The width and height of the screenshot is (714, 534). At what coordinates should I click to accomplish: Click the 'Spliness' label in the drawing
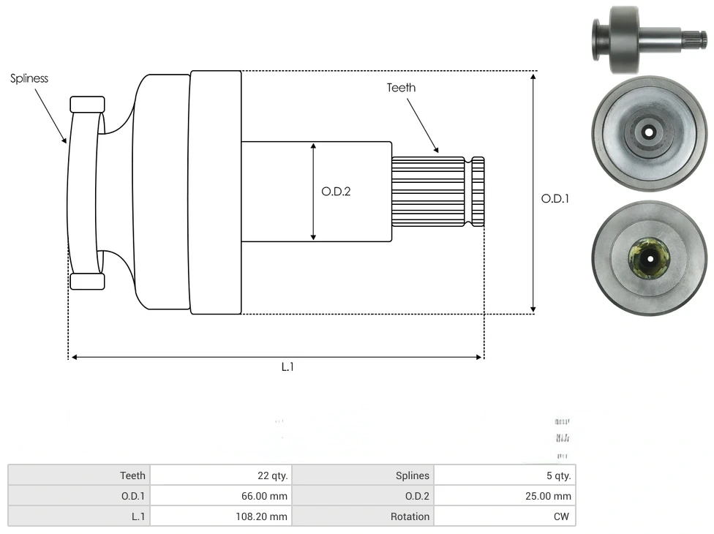pos(29,78)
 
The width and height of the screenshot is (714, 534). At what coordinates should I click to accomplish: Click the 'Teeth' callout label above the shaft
pos(401,88)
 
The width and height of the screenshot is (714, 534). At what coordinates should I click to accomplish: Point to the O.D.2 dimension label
pos(336,192)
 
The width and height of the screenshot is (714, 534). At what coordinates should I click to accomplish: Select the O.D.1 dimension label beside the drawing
pos(555,198)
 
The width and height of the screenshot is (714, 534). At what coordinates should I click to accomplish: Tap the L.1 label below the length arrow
pos(288,367)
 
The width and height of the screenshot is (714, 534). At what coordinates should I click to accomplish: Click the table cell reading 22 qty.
pos(220,475)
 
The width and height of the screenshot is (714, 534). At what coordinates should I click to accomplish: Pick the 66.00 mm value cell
pos(220,496)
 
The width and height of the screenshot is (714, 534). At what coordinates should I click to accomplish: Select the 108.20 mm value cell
pos(220,516)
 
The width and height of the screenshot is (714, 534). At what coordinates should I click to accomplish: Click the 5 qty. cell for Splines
pos(505,475)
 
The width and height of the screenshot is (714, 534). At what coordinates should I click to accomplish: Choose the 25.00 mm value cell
pos(505,496)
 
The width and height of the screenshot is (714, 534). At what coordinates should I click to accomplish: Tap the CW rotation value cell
pos(505,516)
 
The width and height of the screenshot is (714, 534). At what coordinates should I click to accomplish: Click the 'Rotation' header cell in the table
pos(363,516)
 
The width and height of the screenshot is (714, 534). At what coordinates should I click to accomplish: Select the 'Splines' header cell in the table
pos(363,475)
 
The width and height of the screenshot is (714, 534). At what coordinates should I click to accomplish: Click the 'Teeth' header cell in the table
pos(79,475)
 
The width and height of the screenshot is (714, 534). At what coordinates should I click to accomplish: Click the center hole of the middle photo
pos(648,132)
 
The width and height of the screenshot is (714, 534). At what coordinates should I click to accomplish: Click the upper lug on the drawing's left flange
pos(87,104)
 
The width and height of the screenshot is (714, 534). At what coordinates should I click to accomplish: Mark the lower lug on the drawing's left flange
pos(87,282)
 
